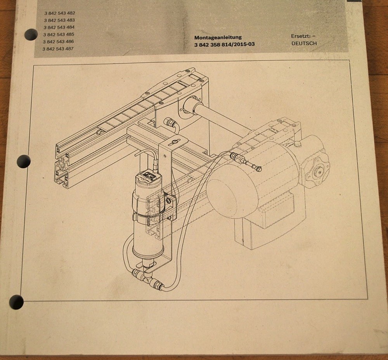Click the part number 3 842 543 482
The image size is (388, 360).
pyautogui.click(x=59, y=13)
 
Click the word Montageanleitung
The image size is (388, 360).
pyautogui.click(x=218, y=38)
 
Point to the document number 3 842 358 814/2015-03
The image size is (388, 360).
pyautogui.click(x=224, y=45)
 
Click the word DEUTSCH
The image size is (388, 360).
pyautogui.click(x=304, y=43)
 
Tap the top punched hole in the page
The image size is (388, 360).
pyautogui.click(x=31, y=35)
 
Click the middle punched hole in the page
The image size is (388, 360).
pyautogui.click(x=24, y=161)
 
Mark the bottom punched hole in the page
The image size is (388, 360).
pyautogui.click(x=16, y=302)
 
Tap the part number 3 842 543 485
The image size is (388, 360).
pyautogui.click(x=59, y=34)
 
